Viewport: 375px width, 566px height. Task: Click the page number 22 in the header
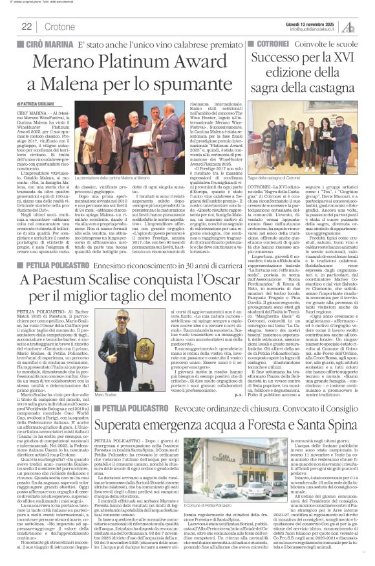(x=27, y=27)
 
